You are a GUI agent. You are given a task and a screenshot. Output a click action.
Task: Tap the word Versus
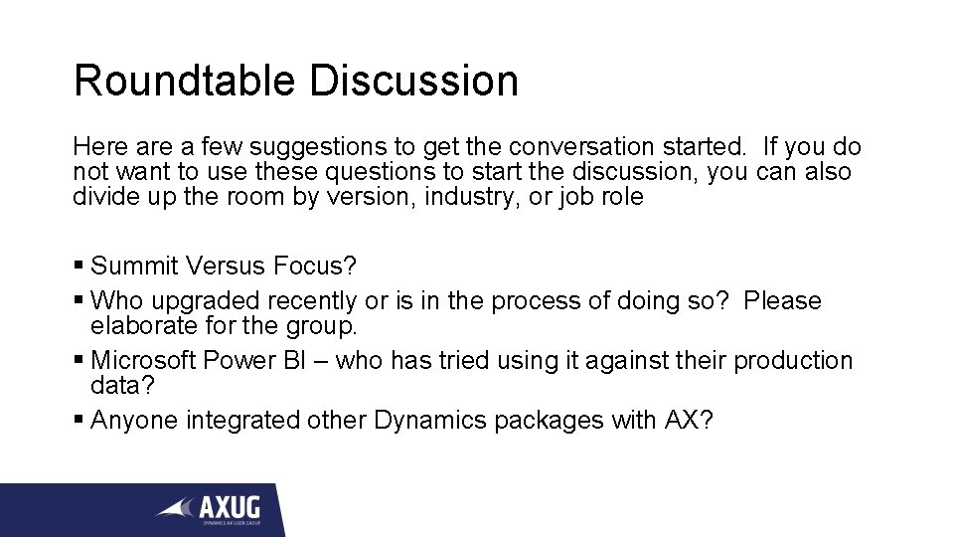coord(224,266)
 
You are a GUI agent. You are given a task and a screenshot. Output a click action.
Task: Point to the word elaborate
coord(138,324)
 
